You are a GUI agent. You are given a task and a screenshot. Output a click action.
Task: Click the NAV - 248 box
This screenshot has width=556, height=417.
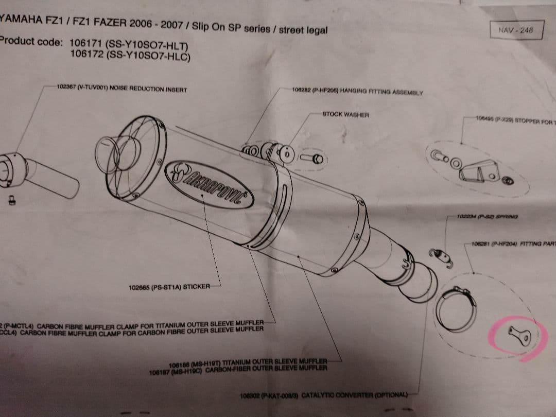tap(516, 30)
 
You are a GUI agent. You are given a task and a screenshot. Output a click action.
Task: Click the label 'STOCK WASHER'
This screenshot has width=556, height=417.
tap(345, 115)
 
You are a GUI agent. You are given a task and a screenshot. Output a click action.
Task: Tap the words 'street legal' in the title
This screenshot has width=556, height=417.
tap(303, 30)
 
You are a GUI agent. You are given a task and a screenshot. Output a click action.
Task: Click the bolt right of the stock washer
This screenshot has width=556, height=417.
tap(315, 159)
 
